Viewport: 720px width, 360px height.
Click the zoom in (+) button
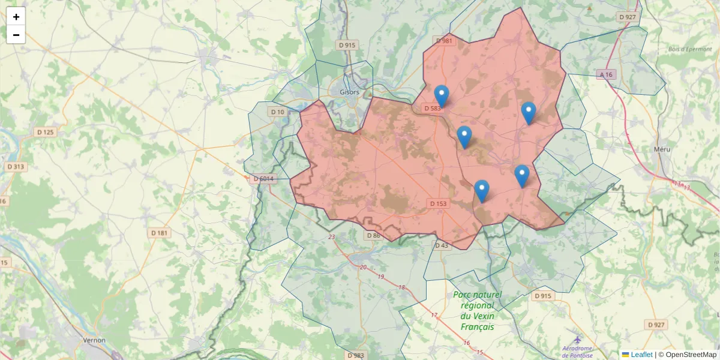coord(16,17)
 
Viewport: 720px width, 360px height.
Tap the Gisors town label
coord(349,92)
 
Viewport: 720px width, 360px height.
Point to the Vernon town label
coord(94,340)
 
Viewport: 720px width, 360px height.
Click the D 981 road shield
coord(443,41)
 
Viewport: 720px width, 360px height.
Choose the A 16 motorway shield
coord(605,74)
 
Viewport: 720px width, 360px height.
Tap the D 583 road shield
coord(432,109)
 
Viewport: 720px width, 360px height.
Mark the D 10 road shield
coord(277,112)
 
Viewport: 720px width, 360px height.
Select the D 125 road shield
coord(45,132)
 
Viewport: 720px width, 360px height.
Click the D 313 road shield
coord(16,167)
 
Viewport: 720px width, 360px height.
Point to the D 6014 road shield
coord(263,178)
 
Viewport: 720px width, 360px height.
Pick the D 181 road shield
coord(160,232)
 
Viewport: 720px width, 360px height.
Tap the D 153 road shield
coord(439,204)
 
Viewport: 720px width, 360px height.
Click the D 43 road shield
coord(441,245)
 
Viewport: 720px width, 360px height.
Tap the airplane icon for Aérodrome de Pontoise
coord(577,340)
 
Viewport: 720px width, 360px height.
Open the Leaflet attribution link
coord(641,355)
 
